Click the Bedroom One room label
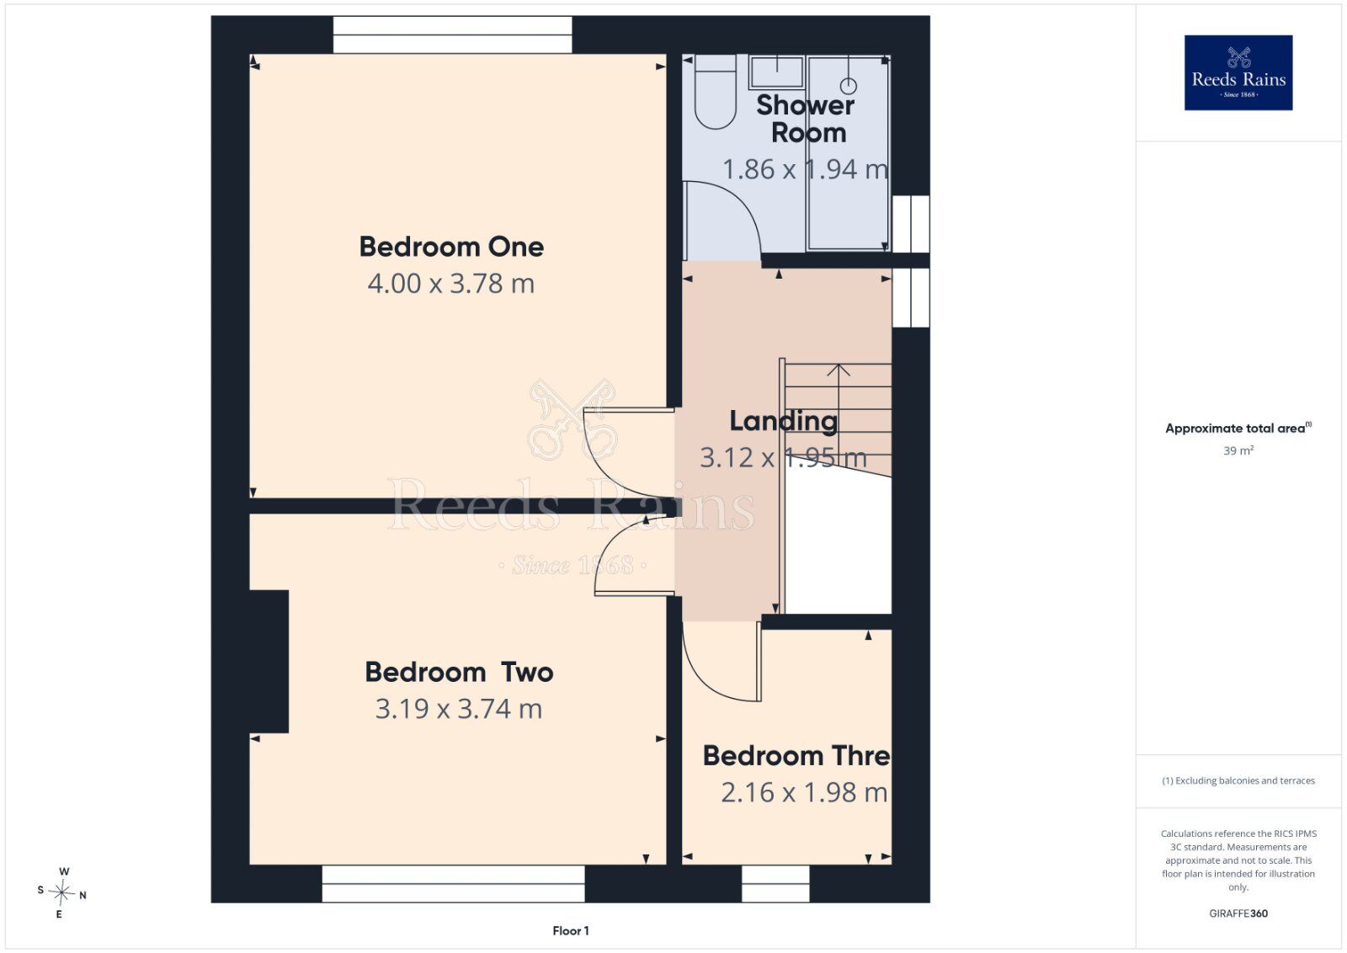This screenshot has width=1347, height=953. (451, 247)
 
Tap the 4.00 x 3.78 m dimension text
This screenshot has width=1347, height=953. (451, 284)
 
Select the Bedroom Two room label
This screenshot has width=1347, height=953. (459, 672)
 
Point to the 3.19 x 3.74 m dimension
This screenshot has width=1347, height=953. (459, 709)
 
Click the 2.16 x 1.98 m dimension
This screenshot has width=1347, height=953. (804, 792)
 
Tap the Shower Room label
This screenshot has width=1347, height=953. (806, 119)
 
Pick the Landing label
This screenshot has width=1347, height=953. (783, 422)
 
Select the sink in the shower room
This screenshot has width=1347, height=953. (777, 72)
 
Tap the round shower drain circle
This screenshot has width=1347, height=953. (849, 86)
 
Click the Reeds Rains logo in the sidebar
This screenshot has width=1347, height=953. (1238, 72)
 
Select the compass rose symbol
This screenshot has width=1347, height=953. (61, 893)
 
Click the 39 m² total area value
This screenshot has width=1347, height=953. (1238, 450)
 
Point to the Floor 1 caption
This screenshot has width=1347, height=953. (571, 931)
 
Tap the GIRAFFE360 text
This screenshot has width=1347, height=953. (1238, 913)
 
